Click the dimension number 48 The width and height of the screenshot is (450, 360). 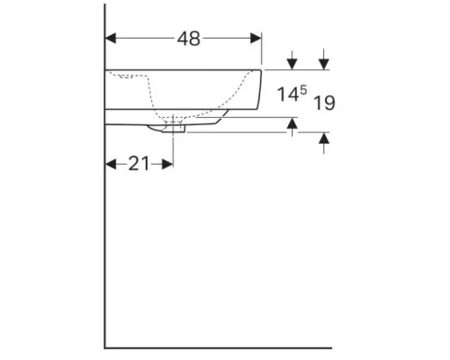coord(188,39)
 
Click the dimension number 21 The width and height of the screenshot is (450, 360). coord(139,164)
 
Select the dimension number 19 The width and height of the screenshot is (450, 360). coord(324,103)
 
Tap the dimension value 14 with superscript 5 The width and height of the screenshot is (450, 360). coord(292,94)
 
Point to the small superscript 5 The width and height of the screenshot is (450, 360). coord(303,89)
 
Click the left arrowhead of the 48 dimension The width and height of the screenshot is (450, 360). coord(111,39)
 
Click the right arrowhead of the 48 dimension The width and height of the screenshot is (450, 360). coord(256,39)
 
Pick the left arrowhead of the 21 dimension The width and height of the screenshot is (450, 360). coord(111,164)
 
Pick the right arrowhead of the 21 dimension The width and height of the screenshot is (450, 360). coord(167,164)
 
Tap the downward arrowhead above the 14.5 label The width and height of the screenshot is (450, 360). coord(292,64)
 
